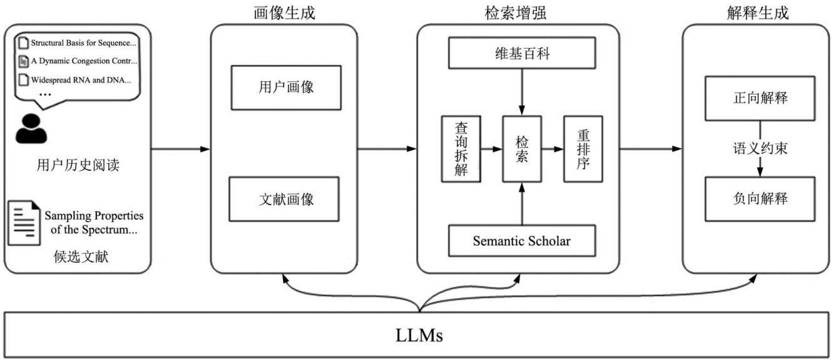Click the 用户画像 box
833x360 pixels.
click(286, 88)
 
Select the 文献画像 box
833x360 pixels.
click(284, 199)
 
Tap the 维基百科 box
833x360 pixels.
click(522, 53)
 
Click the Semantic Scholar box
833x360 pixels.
click(522, 240)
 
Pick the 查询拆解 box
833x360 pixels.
click(461, 149)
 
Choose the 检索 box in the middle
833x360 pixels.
click(522, 149)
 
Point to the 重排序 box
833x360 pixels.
click(583, 149)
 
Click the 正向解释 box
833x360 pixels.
click(760, 98)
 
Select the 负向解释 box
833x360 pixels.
click(760, 199)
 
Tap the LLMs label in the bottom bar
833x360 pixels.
click(419, 336)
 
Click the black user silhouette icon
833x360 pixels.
click(31, 129)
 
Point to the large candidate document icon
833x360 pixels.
click(24, 223)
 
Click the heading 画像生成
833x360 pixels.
click(285, 13)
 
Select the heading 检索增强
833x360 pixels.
click(516, 13)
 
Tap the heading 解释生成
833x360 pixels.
click(758, 13)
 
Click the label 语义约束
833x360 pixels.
click(760, 148)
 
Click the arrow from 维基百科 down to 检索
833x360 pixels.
click(522, 92)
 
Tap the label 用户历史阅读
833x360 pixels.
click(78, 165)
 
